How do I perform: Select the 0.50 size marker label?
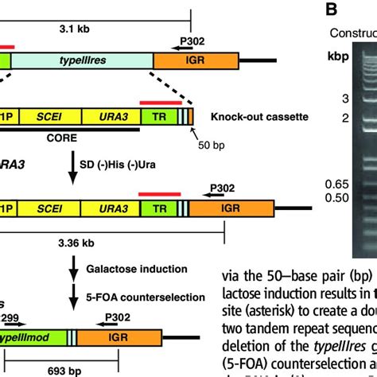click(313, 198)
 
